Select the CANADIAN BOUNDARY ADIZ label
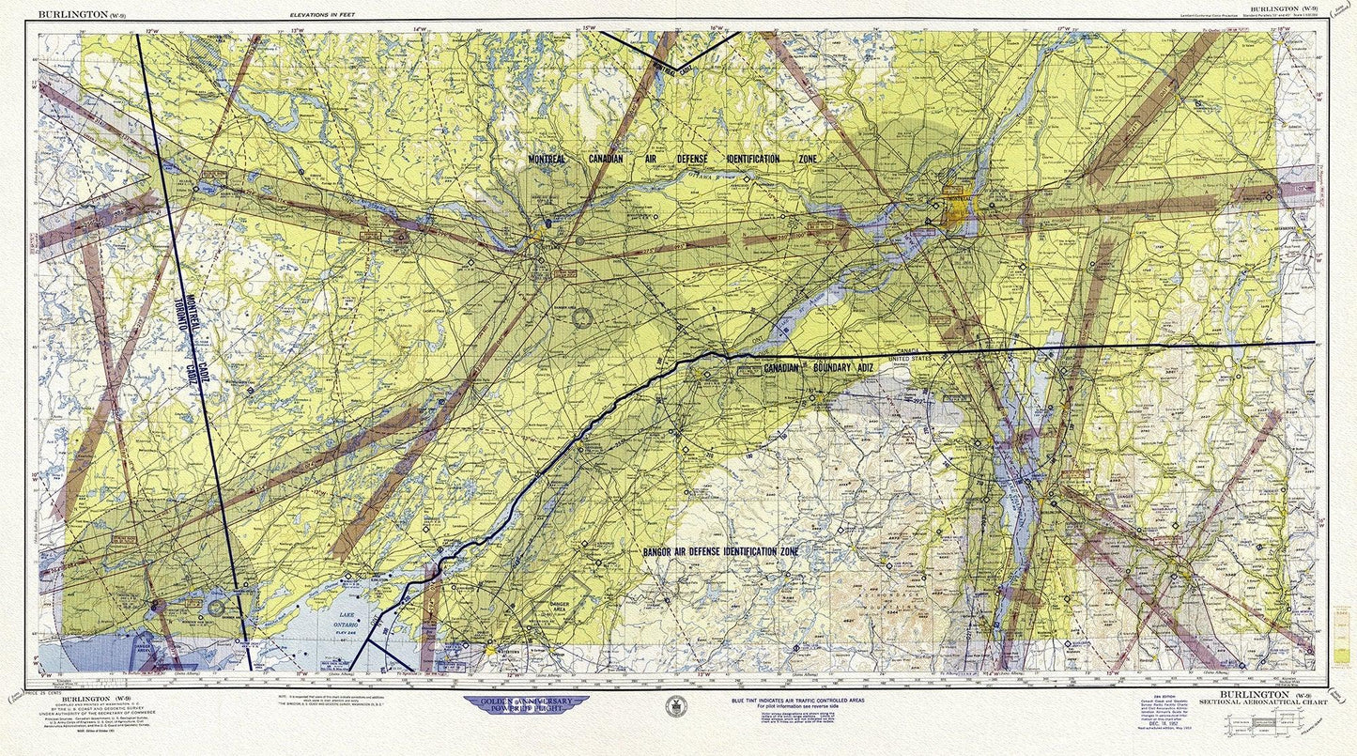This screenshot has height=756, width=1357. [817, 367]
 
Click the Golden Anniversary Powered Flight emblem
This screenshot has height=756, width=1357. [526, 703]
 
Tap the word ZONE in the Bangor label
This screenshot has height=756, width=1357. [786, 551]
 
